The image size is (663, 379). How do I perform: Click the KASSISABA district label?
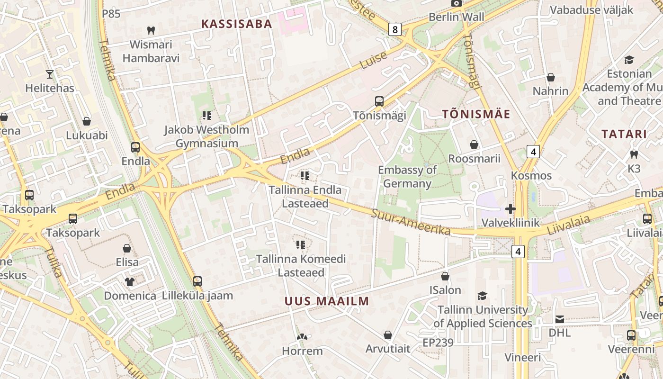tap(236, 24)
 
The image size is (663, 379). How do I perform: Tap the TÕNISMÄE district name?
tap(476, 114)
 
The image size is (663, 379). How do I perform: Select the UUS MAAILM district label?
tap(327, 301)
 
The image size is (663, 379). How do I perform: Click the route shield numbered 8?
tap(395, 30)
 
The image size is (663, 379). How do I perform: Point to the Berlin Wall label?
tap(456, 17)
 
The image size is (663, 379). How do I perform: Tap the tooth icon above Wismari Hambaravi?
tap(151, 30)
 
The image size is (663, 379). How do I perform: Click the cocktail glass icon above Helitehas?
tap(50, 74)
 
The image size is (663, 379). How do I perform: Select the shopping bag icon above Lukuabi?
tap(87, 121)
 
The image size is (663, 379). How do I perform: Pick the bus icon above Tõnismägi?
tap(379, 101)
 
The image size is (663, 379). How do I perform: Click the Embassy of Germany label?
tap(407, 177)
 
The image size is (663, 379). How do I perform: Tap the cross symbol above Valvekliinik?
tap(510, 208)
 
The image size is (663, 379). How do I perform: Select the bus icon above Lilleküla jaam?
tap(197, 281)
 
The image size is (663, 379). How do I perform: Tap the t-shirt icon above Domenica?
tap(130, 282)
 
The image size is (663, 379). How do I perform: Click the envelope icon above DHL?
tap(560, 319)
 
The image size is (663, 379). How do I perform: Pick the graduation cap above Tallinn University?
tap(482, 296)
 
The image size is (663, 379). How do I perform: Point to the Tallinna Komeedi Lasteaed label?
tap(301, 266)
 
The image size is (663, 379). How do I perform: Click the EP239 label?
tap(438, 343)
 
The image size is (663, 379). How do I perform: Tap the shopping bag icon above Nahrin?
tap(551, 77)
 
